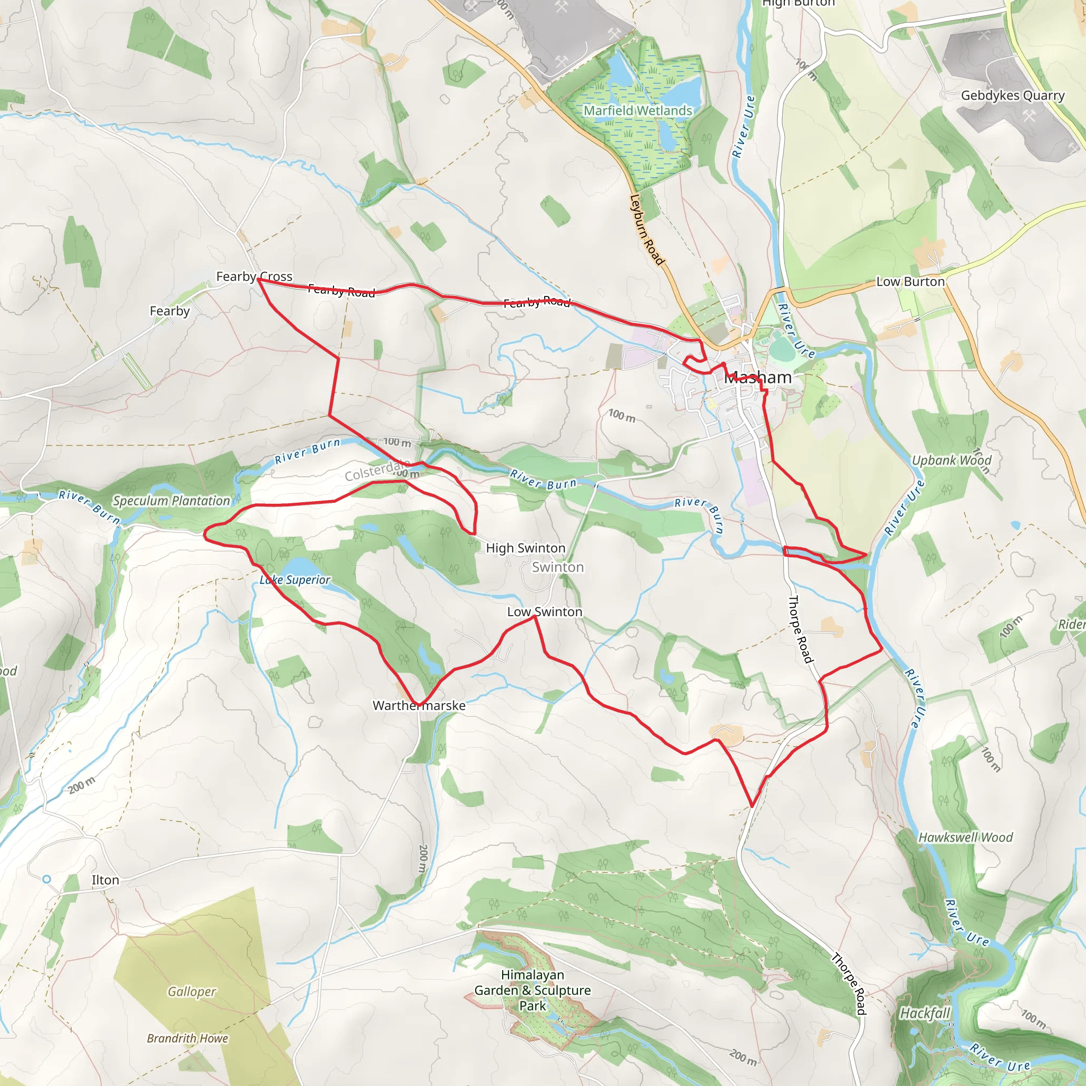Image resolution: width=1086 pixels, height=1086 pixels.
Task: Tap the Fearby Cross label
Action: point(254,277)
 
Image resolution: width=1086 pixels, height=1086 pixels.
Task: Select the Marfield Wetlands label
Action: point(637,111)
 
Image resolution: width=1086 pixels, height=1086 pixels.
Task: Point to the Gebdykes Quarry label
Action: point(1012,95)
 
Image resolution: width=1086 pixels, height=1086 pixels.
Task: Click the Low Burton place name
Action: point(910,282)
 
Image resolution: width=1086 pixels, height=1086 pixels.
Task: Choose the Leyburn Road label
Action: point(647,230)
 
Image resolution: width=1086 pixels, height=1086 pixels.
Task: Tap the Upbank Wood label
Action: point(951,460)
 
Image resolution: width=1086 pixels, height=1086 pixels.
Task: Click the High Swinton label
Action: point(525,548)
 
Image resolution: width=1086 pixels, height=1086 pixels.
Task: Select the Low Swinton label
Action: point(544,611)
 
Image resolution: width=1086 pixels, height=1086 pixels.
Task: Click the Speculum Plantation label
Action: point(171,501)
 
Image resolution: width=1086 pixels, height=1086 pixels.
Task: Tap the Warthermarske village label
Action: point(419,705)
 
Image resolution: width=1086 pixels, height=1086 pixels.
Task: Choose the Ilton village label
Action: point(105,880)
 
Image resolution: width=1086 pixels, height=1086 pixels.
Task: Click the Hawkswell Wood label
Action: point(965,837)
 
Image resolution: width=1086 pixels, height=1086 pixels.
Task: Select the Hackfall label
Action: point(925,1013)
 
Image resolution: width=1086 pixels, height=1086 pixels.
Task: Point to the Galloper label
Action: point(191,992)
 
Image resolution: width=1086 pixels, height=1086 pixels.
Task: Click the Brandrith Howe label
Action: point(187,1038)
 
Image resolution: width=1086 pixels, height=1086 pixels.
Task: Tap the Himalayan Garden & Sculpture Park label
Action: point(532,990)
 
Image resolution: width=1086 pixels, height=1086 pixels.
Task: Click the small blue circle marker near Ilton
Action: point(47,879)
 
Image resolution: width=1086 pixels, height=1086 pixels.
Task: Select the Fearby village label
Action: point(169,311)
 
